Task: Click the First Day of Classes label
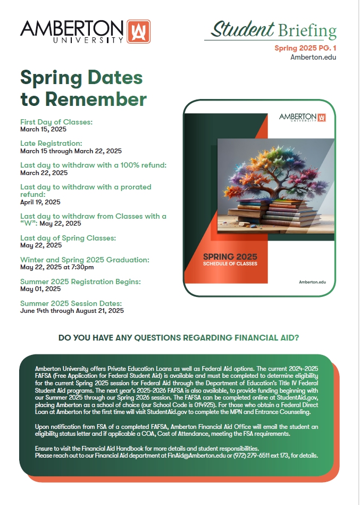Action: tap(56, 122)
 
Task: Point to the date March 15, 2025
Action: tap(44, 129)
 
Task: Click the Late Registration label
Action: tap(51, 143)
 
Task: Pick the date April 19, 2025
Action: tap(40, 202)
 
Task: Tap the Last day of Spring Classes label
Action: tap(68, 238)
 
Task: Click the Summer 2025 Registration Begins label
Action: tap(80, 282)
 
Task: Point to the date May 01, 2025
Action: tap(40, 289)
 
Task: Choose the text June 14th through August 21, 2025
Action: tap(72, 311)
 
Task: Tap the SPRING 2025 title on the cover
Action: tap(230, 255)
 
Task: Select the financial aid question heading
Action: tap(179, 337)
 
